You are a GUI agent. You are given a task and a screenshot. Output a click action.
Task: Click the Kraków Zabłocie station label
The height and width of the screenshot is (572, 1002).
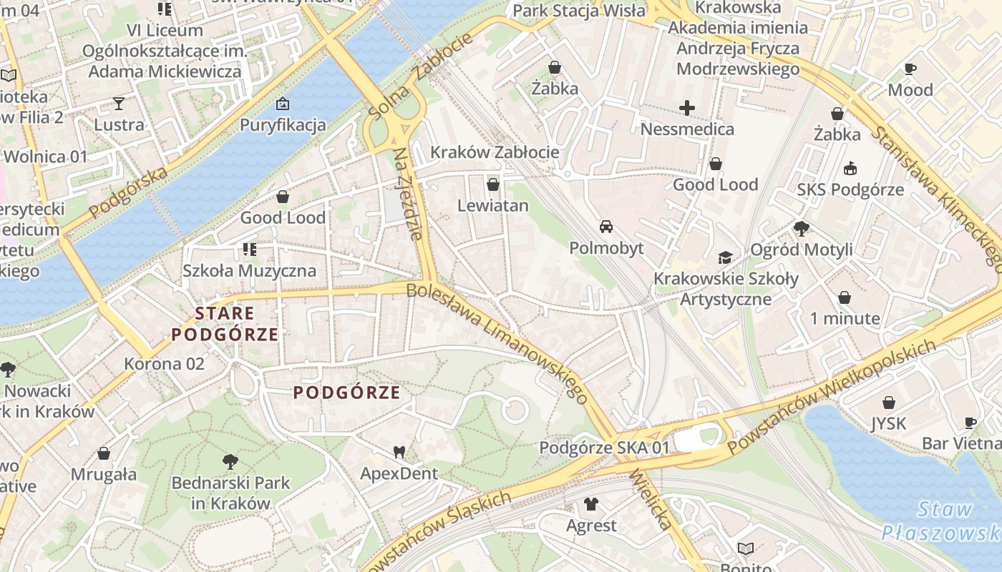[494, 152]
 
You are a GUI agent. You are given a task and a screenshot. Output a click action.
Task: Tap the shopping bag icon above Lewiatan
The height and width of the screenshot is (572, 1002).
[492, 185]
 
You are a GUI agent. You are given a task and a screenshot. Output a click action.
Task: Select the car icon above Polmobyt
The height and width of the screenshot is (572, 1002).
[606, 227]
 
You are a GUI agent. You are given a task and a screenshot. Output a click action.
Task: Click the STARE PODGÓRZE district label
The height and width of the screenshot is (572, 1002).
[225, 324]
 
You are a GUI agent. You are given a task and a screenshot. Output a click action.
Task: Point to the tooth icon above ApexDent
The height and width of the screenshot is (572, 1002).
[399, 452]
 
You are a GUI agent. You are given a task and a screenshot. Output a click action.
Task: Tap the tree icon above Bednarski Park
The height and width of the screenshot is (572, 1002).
[230, 462]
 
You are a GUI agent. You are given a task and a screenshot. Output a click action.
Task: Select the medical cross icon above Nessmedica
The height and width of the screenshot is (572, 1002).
[687, 108]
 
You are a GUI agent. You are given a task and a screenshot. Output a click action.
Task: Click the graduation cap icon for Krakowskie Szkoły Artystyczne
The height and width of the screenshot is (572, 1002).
[726, 257]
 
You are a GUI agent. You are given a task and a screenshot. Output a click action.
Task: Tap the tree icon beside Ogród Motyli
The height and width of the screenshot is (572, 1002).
[802, 229]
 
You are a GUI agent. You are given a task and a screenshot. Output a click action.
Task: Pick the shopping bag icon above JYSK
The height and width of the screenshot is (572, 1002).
[888, 403]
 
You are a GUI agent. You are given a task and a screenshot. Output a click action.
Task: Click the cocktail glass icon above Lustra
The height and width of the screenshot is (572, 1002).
[119, 104]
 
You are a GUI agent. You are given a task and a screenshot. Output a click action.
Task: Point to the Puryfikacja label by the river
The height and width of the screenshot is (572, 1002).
[283, 125]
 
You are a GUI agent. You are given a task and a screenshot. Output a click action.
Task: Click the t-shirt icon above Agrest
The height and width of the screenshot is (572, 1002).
[590, 504]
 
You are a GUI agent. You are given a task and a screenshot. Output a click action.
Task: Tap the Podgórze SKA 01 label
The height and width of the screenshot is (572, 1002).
[604, 448]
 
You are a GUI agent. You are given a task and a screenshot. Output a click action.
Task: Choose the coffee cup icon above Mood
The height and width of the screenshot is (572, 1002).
[910, 69]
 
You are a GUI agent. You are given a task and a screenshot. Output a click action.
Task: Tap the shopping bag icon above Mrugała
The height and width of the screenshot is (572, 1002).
[104, 453]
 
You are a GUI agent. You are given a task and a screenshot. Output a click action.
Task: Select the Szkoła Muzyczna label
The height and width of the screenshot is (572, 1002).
[249, 271]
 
